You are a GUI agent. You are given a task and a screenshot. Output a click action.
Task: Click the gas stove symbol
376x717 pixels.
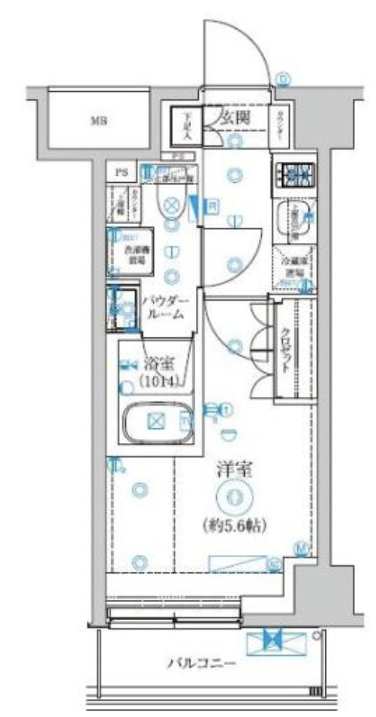294,175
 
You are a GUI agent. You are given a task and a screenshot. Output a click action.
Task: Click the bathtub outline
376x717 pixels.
155,423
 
